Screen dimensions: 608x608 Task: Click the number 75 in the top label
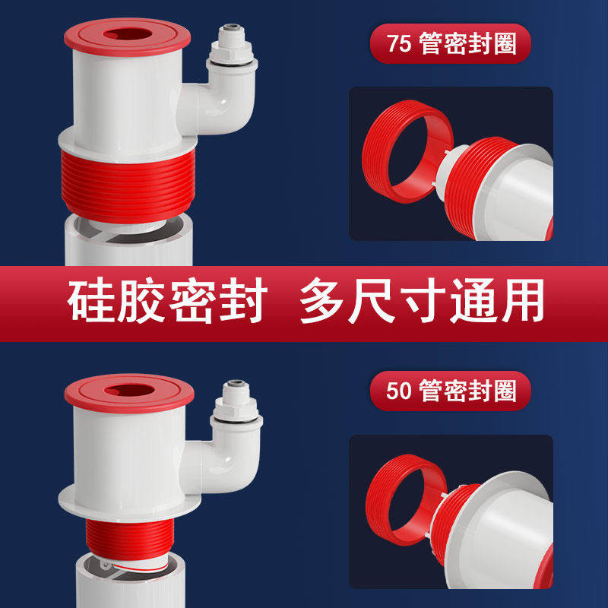pyautogui.click(x=398, y=43)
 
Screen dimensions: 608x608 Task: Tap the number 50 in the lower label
pyautogui.click(x=398, y=391)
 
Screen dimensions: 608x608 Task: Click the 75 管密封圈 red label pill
pyautogui.click(x=450, y=43)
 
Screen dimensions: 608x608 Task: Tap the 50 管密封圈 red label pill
pyautogui.click(x=450, y=391)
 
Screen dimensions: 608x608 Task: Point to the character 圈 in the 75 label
pyautogui.click(x=503, y=43)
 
